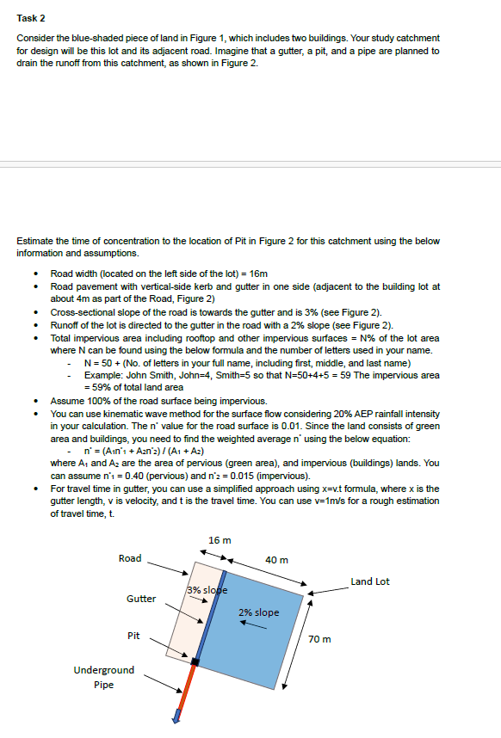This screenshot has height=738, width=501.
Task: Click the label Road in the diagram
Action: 129,558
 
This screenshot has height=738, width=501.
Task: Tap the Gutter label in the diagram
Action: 141,598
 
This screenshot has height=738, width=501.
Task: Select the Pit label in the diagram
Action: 133,636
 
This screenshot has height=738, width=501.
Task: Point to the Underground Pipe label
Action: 104,677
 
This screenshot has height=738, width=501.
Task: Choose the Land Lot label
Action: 370,581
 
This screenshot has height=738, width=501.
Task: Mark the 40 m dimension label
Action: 277,560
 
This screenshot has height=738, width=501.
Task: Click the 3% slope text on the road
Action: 206,590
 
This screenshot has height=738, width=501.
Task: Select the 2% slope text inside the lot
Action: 258,612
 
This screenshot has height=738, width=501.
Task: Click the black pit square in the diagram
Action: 195,661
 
